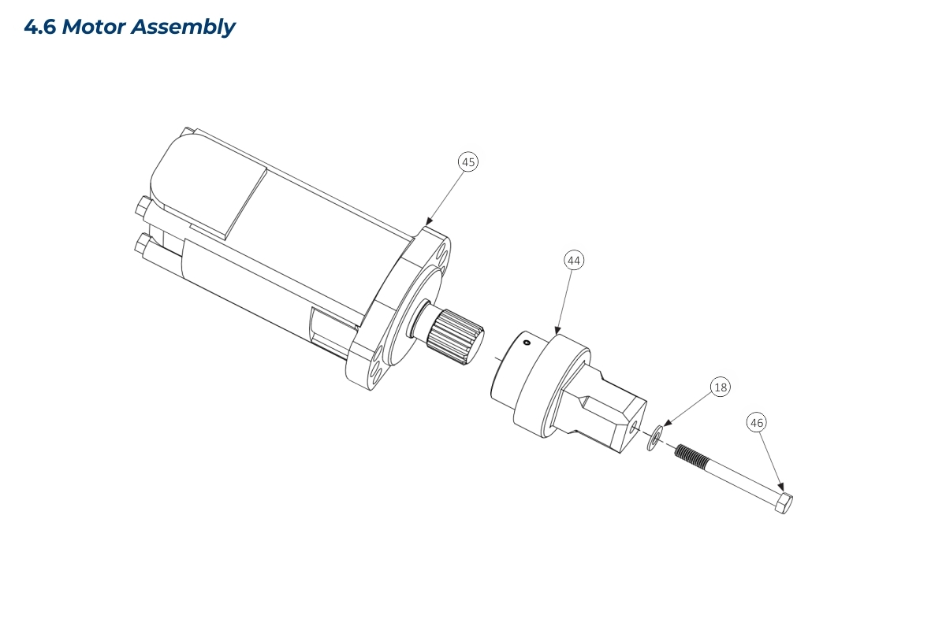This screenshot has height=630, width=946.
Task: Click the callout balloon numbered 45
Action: pos(468,162)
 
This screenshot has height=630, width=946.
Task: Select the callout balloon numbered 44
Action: pos(574,261)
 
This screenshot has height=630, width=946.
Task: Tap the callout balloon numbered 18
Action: pos(721,387)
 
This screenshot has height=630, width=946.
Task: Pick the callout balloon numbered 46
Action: pos(757,422)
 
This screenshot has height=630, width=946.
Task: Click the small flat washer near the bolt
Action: pos(654,438)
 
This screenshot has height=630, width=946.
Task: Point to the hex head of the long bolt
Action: pos(784,502)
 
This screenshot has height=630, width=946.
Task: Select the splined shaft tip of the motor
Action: pos(456,337)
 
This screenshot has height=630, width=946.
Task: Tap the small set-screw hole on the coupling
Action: pos(527,343)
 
